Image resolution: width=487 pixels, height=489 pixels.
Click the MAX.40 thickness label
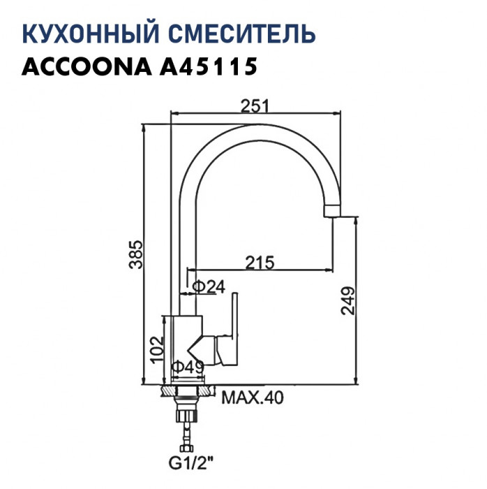253,399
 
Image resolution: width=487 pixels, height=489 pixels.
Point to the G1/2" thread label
189,462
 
